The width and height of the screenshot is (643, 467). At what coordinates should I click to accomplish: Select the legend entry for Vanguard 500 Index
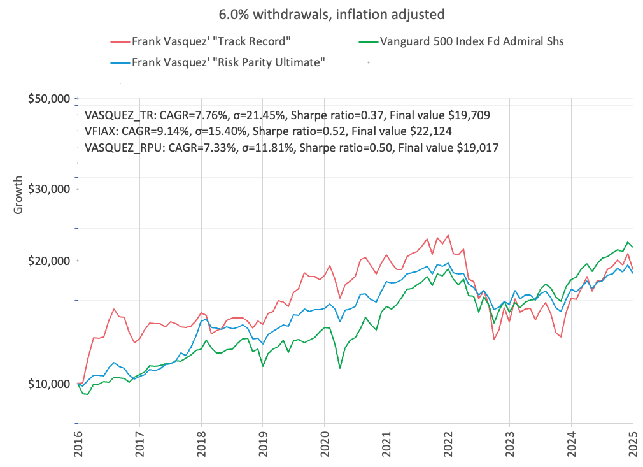471,43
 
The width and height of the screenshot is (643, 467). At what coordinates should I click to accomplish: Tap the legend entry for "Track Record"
212,43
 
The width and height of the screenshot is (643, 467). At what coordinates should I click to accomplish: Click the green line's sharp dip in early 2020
340,368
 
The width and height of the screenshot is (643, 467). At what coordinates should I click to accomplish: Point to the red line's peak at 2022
448,235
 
